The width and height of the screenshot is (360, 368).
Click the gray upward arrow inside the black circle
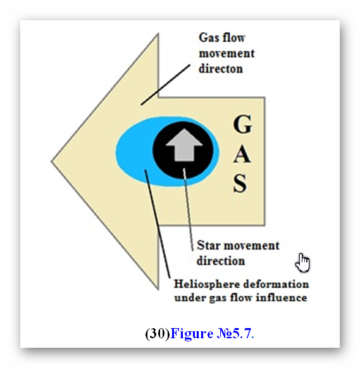(184, 145)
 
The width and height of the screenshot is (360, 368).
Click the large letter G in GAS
(243, 124)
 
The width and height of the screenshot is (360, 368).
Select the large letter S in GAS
(240, 183)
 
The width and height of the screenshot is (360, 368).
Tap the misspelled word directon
(221, 69)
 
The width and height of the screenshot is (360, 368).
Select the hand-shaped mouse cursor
(302, 263)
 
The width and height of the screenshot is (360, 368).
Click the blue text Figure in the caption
(192, 334)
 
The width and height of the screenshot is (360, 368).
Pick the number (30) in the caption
(158, 334)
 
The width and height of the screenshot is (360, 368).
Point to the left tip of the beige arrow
(51, 162)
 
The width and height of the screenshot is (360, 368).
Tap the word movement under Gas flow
(227, 54)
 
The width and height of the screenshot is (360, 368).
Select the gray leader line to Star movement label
(189, 210)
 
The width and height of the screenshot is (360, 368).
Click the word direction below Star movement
(221, 261)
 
